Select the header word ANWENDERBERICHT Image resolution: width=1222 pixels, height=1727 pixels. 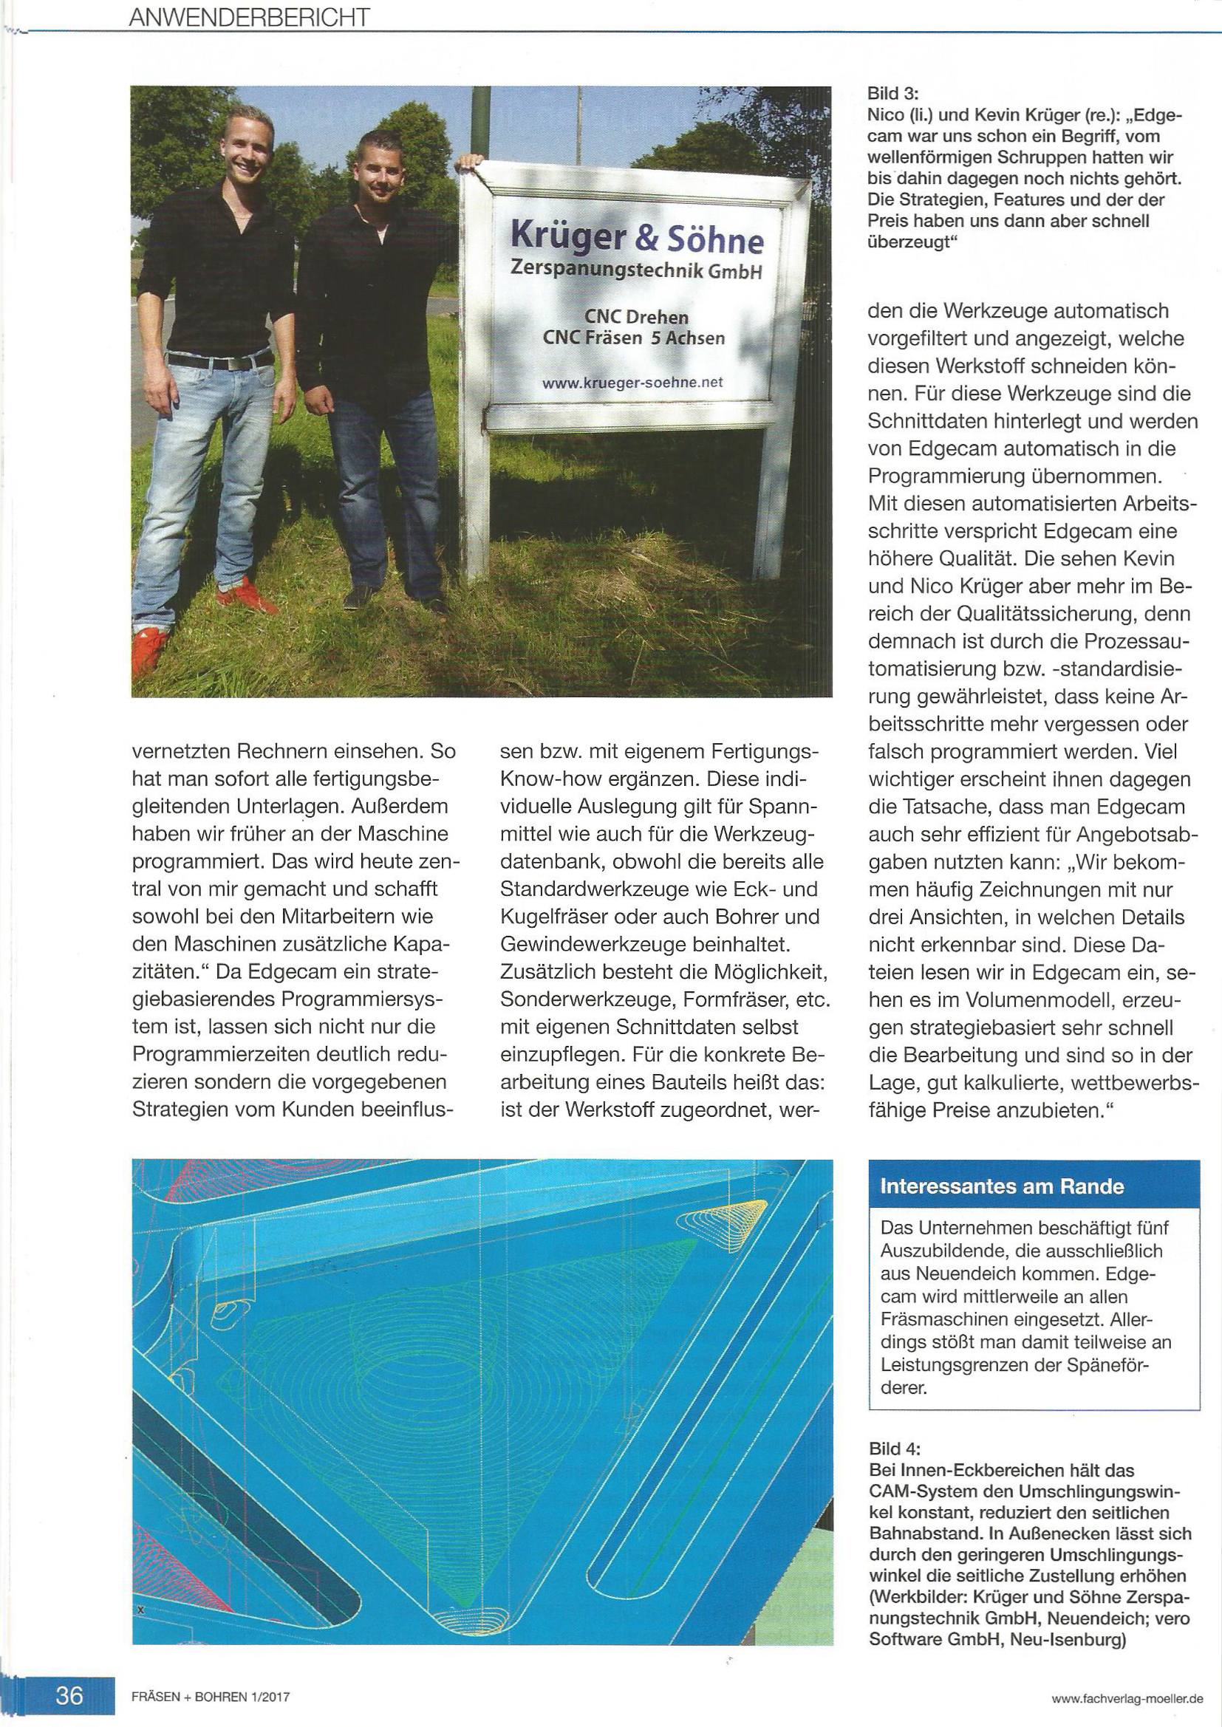249,17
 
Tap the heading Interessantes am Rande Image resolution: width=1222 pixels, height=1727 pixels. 1002,1186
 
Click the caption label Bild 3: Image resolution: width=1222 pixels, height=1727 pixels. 893,94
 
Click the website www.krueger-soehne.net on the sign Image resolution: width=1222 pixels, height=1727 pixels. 632,382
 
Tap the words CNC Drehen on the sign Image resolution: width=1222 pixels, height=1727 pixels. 637,317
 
